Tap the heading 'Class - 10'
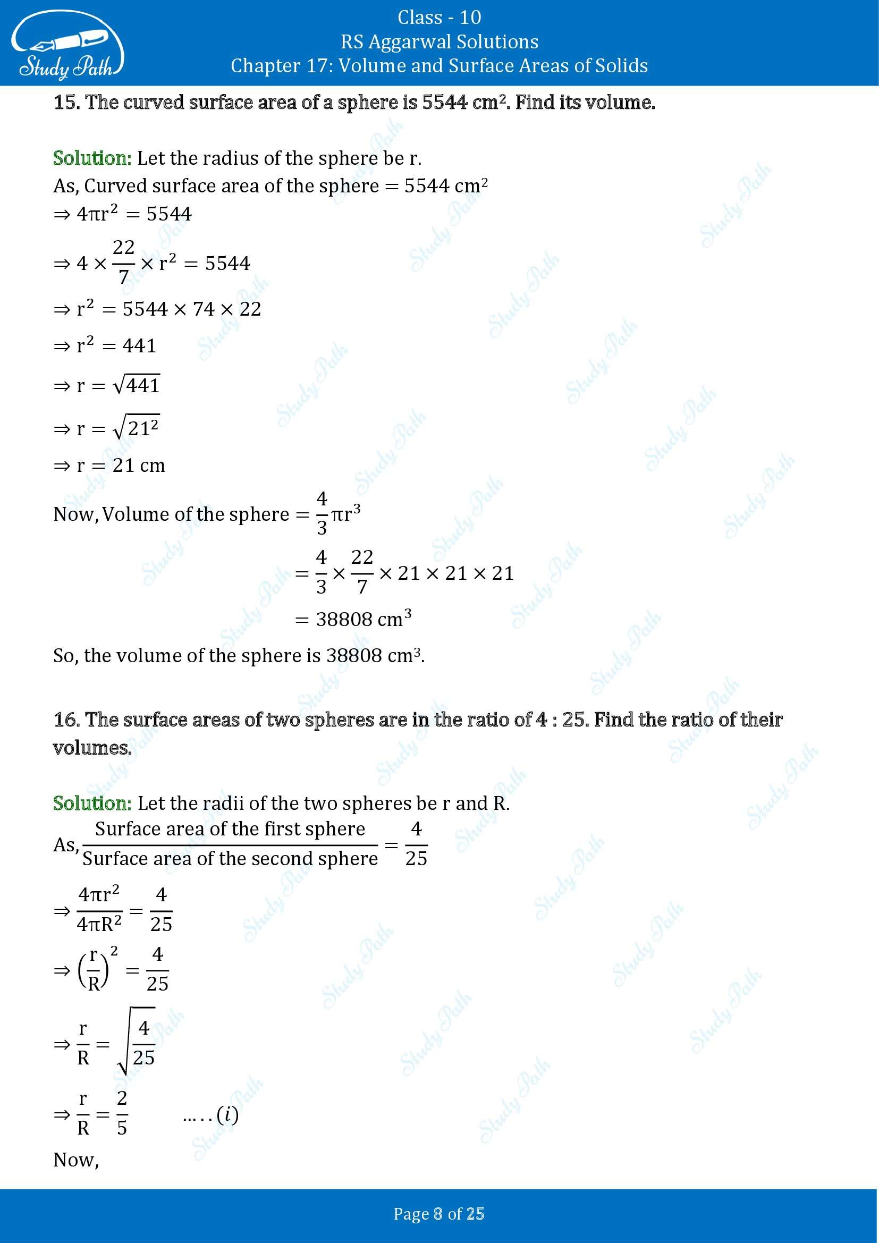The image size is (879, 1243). (x=439, y=18)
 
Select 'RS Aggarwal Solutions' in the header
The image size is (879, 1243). (x=439, y=41)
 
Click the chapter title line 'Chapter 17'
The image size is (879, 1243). (x=439, y=66)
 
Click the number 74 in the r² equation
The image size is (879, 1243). (x=204, y=309)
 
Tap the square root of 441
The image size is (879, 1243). (x=137, y=385)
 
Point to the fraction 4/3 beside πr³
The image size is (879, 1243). (x=322, y=513)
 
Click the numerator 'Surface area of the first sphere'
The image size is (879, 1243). (x=230, y=830)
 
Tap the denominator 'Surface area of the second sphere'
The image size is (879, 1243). (x=230, y=859)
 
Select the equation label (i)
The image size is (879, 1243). (x=227, y=1114)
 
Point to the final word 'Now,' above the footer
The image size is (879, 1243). (x=76, y=1160)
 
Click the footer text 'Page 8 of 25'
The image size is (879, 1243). (x=439, y=1214)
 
